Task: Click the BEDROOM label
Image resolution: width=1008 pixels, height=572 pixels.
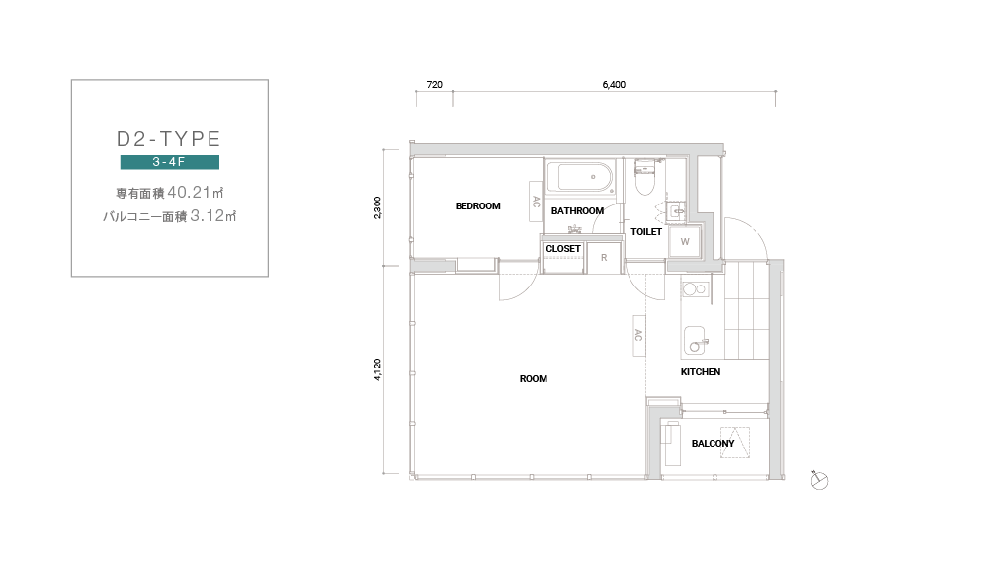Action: point(477,206)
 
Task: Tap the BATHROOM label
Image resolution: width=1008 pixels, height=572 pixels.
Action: point(577,210)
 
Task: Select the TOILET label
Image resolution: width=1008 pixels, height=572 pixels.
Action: point(646,232)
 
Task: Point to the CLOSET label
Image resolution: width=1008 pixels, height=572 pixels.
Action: point(563,249)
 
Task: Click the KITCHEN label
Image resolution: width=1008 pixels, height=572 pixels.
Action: point(701,372)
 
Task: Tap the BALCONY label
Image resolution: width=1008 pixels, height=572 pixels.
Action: point(713,444)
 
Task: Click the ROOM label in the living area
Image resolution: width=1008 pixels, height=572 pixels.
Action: point(534,379)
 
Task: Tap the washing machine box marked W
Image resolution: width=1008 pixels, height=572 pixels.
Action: point(685,242)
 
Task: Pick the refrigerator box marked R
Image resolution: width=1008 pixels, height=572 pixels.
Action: point(604,258)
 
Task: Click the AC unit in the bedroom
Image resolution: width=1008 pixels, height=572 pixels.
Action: point(536,202)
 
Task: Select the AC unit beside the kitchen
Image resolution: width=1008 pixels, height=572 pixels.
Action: point(639,336)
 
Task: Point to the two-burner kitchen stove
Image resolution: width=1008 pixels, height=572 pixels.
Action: point(695,289)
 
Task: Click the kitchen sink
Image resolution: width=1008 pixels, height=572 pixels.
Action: point(696,341)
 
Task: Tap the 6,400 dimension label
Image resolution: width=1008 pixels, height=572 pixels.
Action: point(614,84)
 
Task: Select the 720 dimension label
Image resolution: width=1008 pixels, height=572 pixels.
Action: point(435,84)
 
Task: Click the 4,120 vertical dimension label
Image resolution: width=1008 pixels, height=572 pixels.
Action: point(378,369)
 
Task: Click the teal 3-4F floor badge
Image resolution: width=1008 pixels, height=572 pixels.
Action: point(170,162)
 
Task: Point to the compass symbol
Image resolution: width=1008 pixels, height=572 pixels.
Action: point(819,481)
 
